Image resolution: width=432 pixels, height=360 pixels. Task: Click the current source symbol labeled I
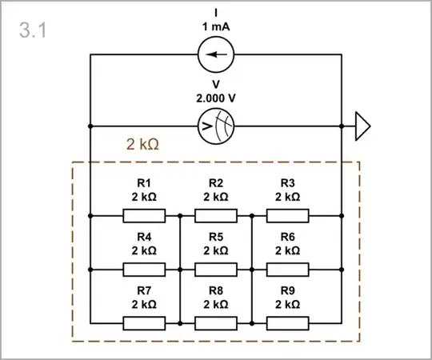tap(216, 54)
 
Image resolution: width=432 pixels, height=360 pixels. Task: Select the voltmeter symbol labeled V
tap(216, 126)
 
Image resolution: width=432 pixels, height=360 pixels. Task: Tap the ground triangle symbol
tap(362, 126)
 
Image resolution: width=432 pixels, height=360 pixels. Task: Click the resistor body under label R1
tap(144, 215)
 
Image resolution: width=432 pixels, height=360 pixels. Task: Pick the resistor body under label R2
tap(216, 215)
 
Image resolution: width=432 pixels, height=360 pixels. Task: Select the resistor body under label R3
tap(288, 215)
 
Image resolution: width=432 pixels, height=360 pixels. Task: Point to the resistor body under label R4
tap(144, 270)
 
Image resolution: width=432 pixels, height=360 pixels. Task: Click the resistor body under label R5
tap(216, 270)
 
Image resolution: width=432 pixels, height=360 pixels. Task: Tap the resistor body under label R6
tap(288, 270)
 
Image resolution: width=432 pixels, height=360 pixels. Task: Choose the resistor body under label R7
tap(144, 323)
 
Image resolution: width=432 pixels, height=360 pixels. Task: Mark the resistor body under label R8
tap(216, 323)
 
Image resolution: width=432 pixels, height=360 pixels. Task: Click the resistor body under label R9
tap(288, 323)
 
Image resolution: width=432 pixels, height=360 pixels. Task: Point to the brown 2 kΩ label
tap(143, 145)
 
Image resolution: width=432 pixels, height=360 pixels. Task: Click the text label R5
tap(216, 237)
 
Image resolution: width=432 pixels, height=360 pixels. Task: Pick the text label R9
tap(288, 291)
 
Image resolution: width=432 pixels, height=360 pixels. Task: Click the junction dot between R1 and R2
tap(180, 215)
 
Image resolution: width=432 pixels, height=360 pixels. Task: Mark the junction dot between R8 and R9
tap(252, 323)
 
